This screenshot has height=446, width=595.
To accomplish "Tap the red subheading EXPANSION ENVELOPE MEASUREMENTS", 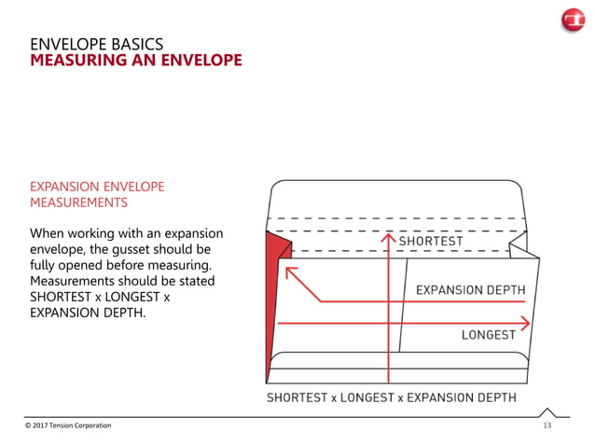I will pyautogui.click(x=97, y=194).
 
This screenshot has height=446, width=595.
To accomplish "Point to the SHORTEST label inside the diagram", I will pyautogui.click(x=430, y=242).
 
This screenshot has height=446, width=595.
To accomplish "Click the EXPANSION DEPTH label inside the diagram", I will pyautogui.click(x=470, y=290).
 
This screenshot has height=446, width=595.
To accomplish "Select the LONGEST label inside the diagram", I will pyautogui.click(x=489, y=335).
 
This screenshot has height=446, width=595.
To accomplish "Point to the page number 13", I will pyautogui.click(x=547, y=425).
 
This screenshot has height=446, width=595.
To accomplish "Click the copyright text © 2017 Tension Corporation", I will pyautogui.click(x=68, y=425).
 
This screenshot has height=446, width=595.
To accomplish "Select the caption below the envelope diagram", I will pyautogui.click(x=391, y=397).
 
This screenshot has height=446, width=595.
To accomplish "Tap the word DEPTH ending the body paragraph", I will pyautogui.click(x=126, y=313).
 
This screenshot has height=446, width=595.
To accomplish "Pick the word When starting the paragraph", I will pyautogui.click(x=48, y=233).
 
